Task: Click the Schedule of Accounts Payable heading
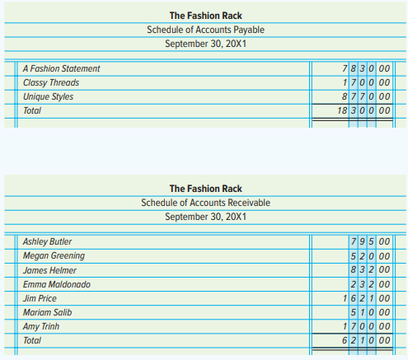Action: click(205, 30)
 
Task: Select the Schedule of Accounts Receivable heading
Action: click(205, 203)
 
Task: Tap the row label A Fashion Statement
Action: click(62, 68)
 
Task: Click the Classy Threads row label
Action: click(51, 82)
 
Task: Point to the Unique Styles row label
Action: click(49, 96)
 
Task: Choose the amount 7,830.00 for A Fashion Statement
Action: click(366, 68)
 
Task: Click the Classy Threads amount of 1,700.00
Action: click(366, 82)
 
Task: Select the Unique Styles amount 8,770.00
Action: click(366, 96)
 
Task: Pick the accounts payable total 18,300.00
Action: click(363, 110)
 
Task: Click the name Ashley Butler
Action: click(47, 241)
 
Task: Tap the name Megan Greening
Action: click(54, 256)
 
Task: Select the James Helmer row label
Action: click(49, 270)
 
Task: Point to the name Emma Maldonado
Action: click(57, 284)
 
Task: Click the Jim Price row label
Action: click(40, 298)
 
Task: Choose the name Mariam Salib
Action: click(47, 312)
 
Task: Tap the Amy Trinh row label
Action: click(41, 327)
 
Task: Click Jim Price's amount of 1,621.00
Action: click(366, 298)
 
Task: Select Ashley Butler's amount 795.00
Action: click(370, 241)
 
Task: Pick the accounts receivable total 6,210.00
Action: click(366, 340)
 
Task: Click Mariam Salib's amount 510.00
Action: click(370, 312)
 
